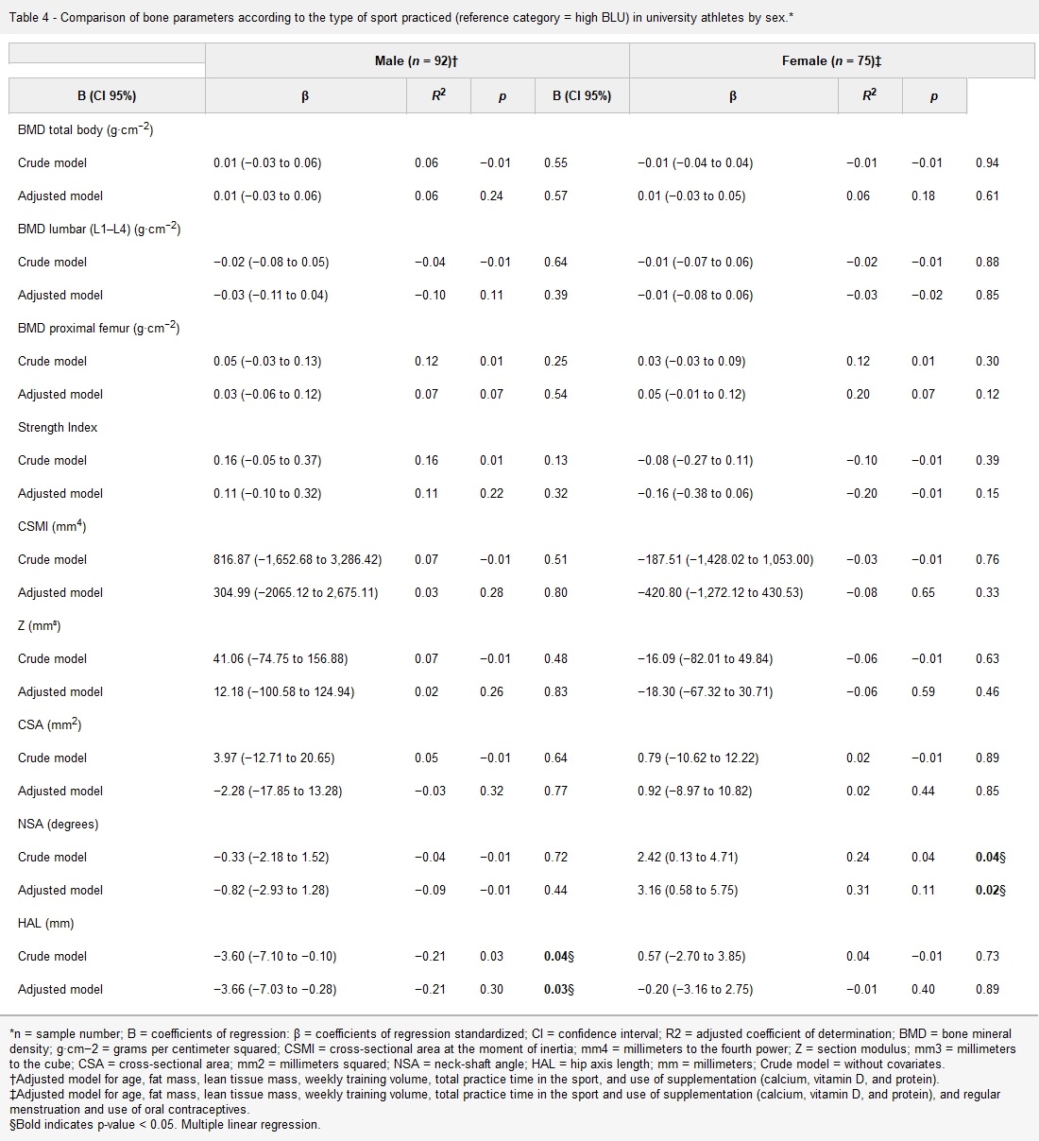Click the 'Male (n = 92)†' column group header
click(417, 61)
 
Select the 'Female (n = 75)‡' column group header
click(831, 61)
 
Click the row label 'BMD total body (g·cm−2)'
click(85, 129)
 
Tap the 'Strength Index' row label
click(58, 427)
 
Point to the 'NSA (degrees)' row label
click(58, 824)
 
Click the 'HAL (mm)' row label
click(45, 923)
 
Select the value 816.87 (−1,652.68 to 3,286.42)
click(298, 559)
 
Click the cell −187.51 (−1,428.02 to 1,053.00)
click(725, 559)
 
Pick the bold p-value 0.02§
click(990, 890)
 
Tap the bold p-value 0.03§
click(558, 989)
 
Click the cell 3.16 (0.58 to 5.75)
click(688, 890)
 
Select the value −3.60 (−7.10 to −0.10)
click(275, 956)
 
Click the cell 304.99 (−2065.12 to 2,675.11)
click(296, 592)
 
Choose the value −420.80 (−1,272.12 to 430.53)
click(720, 592)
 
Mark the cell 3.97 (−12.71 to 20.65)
click(274, 758)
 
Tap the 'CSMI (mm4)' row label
click(52, 526)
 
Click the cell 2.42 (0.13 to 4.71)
click(688, 857)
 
